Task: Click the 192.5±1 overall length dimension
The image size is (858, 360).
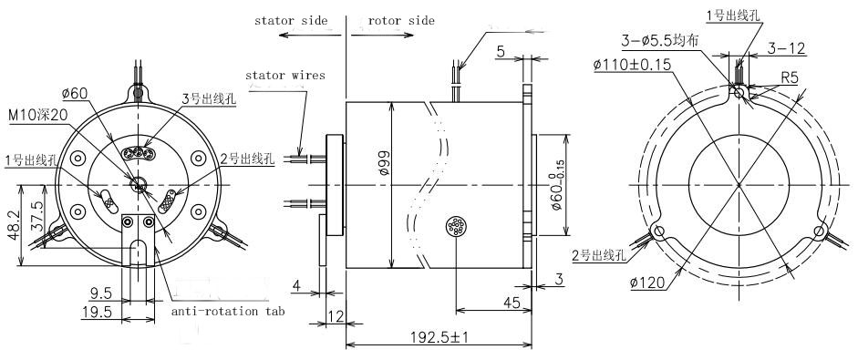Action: (439, 336)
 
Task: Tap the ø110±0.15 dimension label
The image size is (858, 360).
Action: (632, 65)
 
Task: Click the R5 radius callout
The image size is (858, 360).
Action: (789, 77)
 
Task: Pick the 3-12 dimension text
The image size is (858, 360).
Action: (786, 48)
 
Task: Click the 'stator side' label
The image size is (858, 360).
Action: (291, 21)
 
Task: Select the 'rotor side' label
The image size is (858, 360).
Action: (401, 21)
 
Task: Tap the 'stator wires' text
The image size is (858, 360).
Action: (285, 75)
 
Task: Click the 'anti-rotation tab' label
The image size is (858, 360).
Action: (228, 312)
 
